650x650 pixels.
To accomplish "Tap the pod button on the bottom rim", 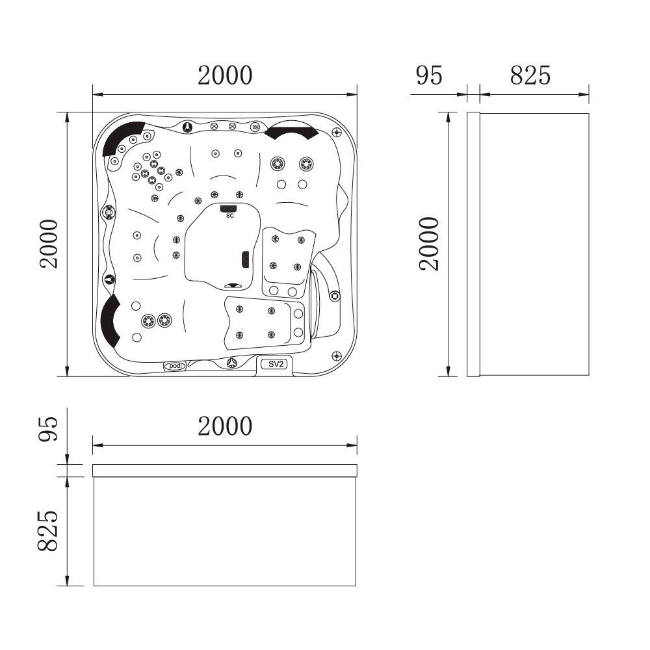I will click(x=174, y=366).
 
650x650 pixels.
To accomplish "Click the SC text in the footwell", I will click(x=229, y=215).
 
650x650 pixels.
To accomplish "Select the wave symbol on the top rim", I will click(x=255, y=127).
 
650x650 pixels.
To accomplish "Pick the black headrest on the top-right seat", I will click(x=292, y=132).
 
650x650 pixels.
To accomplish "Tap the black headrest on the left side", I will click(x=110, y=320).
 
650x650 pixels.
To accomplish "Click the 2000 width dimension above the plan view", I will click(x=225, y=75).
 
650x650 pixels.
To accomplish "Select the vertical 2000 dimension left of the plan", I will click(x=49, y=244).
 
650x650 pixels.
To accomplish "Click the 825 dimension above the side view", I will click(x=530, y=75).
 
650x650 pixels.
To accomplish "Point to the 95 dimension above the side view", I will click(x=429, y=75).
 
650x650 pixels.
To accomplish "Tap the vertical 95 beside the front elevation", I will click(x=49, y=429).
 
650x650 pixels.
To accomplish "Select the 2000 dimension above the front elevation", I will click(x=225, y=426).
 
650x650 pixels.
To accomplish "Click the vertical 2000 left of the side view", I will click(x=429, y=244).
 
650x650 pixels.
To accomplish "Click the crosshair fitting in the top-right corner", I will click(x=337, y=132).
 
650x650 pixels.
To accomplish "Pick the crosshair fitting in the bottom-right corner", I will click(x=336, y=356).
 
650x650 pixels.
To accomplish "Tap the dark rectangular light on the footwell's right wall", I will click(x=245, y=259).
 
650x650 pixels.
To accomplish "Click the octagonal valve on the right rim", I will click(x=335, y=296).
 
